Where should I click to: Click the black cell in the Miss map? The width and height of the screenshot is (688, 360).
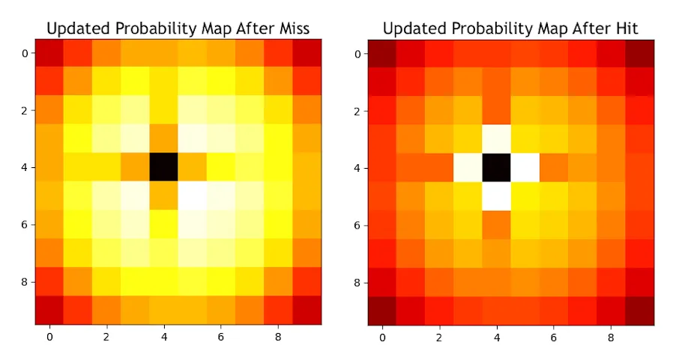164,167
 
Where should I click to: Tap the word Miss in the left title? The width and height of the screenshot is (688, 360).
292,28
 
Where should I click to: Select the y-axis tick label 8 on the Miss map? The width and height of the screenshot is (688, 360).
24,282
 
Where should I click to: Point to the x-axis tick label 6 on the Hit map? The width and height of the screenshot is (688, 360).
554,337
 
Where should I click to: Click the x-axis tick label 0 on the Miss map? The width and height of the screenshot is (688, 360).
49,337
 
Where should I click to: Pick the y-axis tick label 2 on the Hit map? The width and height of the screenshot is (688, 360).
357,111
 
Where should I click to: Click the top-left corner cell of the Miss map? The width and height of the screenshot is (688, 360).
49,53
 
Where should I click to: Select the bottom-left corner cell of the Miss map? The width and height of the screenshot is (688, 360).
49,310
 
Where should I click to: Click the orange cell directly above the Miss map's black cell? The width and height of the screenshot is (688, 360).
164,139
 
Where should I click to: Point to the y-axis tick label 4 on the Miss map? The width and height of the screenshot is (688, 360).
24,168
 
